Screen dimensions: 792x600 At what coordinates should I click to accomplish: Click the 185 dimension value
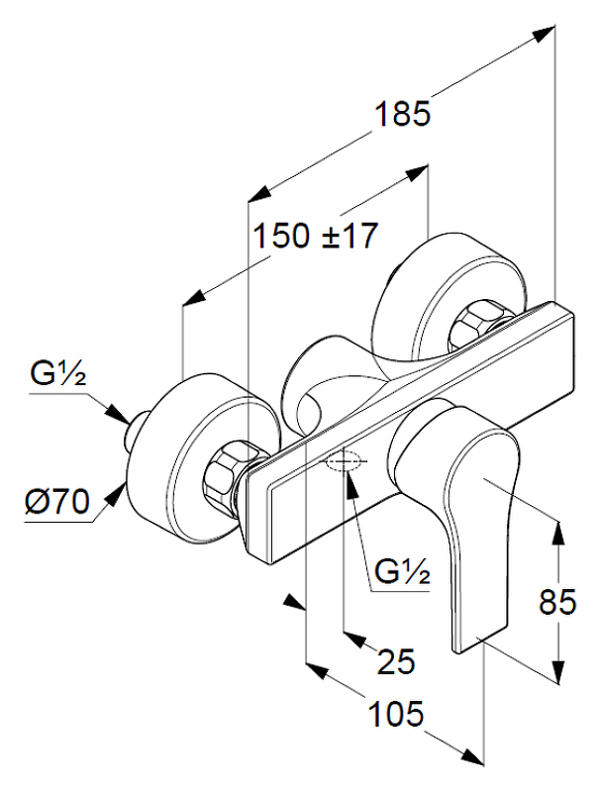pyautogui.click(x=403, y=115)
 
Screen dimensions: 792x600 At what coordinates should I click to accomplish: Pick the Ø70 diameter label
pyautogui.click(x=56, y=502)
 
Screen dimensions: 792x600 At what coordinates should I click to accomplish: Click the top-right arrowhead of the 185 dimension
pyautogui.click(x=543, y=34)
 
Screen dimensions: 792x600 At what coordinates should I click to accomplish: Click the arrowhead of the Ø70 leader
pyautogui.click(x=123, y=487)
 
